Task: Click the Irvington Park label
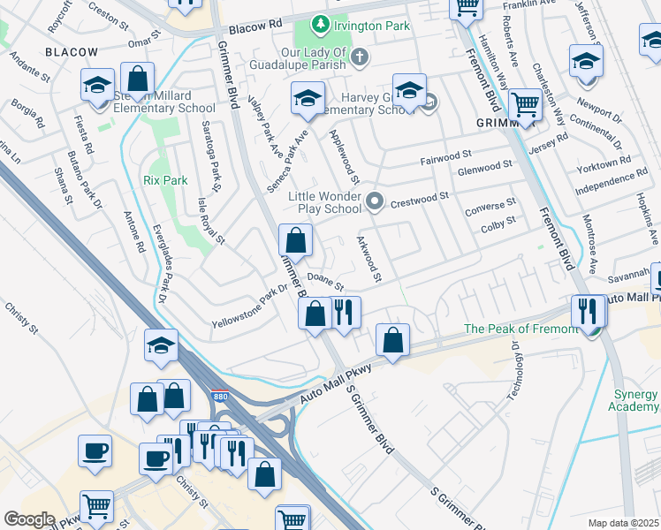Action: pos(372,26)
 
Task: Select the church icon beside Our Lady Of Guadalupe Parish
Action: pos(359,57)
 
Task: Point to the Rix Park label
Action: pos(165,180)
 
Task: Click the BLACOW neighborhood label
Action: pos(71,53)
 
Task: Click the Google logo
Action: pos(29,519)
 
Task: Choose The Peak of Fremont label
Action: pos(521,329)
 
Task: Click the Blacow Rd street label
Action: pos(255,28)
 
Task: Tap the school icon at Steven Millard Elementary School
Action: pos(97,86)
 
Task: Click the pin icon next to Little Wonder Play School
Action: pos(375,202)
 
